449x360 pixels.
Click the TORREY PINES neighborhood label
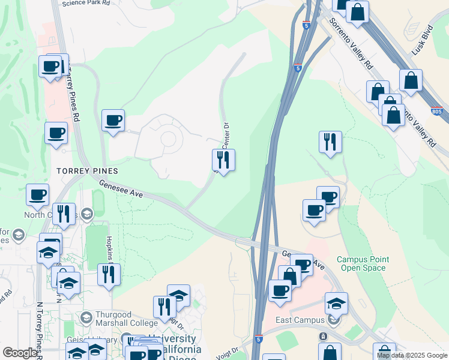tap(88, 171)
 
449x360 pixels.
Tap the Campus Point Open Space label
tap(362, 263)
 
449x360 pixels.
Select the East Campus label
tap(297, 320)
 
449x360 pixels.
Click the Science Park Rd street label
tap(86, 3)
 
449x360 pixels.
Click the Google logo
tap(20, 353)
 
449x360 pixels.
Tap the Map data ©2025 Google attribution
tap(412, 355)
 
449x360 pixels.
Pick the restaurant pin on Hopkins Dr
tap(109, 275)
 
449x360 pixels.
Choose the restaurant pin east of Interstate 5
tap(330, 142)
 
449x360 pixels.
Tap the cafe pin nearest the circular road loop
tap(113, 121)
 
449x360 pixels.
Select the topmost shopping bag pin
tap(357, 11)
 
